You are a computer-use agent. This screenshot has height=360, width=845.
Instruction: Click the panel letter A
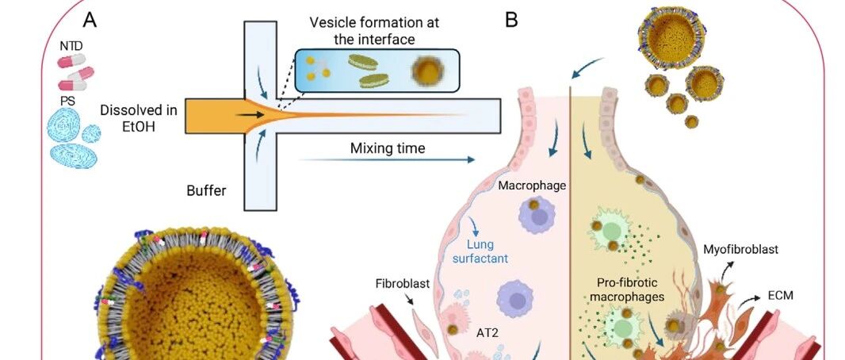coord(90,20)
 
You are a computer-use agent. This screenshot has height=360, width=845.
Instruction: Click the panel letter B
coord(511,20)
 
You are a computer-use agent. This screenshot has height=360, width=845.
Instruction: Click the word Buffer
coord(206,190)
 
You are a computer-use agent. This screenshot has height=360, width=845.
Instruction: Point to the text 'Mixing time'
coord(388,147)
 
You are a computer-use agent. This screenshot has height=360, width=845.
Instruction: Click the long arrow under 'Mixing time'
coord(387,159)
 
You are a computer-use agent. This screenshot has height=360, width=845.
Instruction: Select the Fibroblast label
coord(403,283)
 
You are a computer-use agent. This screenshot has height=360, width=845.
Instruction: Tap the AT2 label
coord(487,332)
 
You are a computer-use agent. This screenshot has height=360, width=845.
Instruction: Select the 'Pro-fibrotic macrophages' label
coord(630,289)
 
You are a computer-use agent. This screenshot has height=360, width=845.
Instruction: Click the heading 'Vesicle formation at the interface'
coord(374,31)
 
